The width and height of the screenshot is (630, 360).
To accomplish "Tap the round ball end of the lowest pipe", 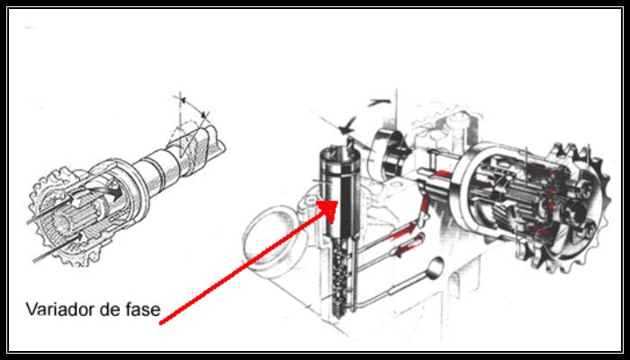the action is [435, 267].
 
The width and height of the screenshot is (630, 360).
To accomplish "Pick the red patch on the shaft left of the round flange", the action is [443, 175].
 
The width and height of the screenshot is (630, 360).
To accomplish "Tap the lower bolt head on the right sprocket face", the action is [589, 229].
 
